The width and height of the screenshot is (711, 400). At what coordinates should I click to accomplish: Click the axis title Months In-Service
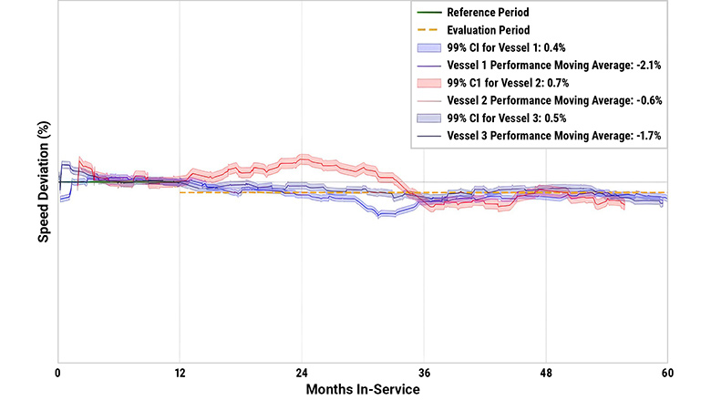point(362,389)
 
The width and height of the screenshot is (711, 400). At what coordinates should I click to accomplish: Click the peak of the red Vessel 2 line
point(304,159)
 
